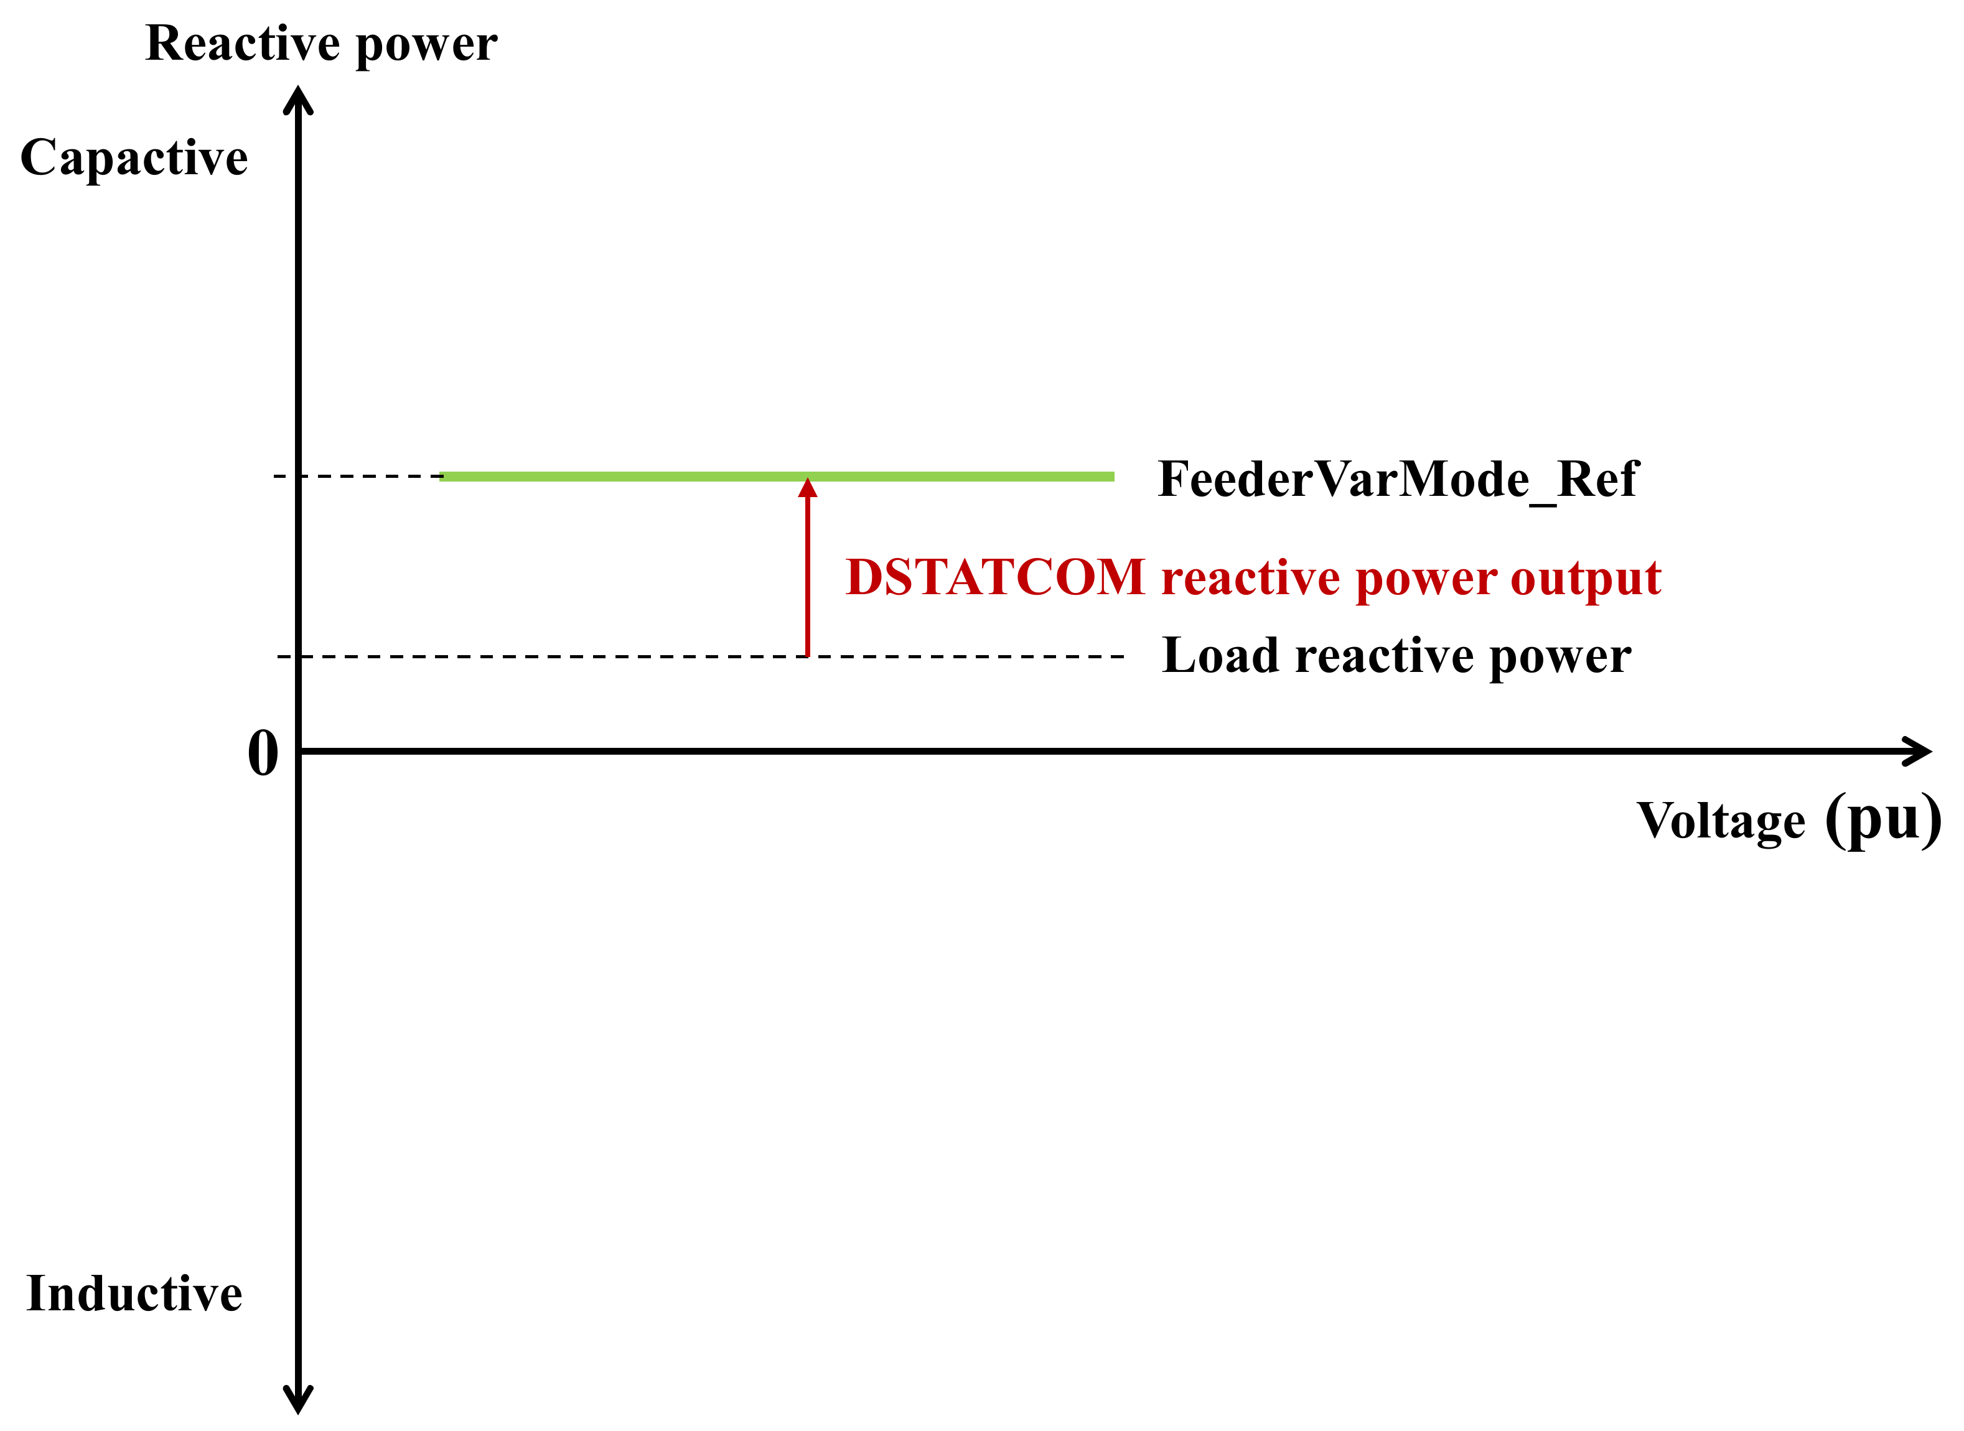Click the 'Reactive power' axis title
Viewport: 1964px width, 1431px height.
321,44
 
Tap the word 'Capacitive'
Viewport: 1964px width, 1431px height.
134,157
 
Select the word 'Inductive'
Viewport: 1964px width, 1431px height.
134,1294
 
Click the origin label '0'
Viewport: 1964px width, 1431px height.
263,753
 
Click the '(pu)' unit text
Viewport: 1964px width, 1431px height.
1882,819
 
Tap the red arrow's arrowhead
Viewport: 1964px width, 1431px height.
807,488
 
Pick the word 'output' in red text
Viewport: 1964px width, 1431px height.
1586,579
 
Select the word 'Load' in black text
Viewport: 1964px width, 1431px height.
1220,655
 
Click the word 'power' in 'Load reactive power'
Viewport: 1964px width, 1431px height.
1560,656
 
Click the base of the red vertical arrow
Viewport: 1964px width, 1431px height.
807,653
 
